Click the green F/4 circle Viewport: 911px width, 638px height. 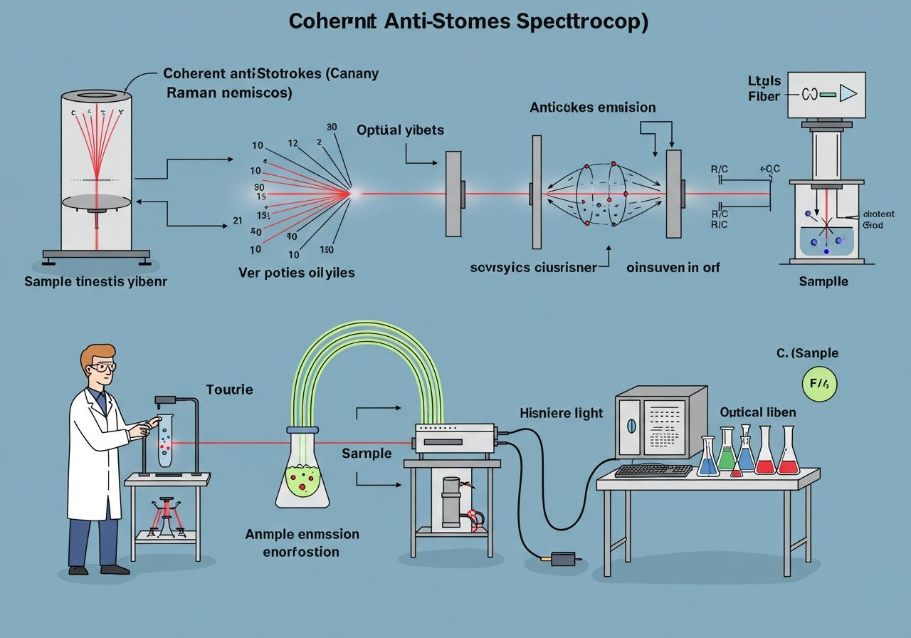pos(819,385)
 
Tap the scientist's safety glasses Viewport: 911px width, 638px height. pos(102,367)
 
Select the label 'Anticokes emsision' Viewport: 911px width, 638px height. pos(592,108)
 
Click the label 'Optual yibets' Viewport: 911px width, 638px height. pos(400,130)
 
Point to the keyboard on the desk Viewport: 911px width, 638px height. pos(653,470)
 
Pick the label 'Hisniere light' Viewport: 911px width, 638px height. pos(561,412)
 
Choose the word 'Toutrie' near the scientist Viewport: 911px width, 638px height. pos(229,389)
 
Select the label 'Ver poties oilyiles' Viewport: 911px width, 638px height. pos(297,272)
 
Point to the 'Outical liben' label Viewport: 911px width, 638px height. pos(758,412)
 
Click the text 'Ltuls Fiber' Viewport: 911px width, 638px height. pos(764,89)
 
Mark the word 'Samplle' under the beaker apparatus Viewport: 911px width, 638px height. pos(823,281)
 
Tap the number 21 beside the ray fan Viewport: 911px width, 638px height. pos(237,220)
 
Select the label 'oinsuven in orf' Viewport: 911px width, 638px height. pos(673,267)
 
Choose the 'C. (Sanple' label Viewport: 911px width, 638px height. pos(807,353)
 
